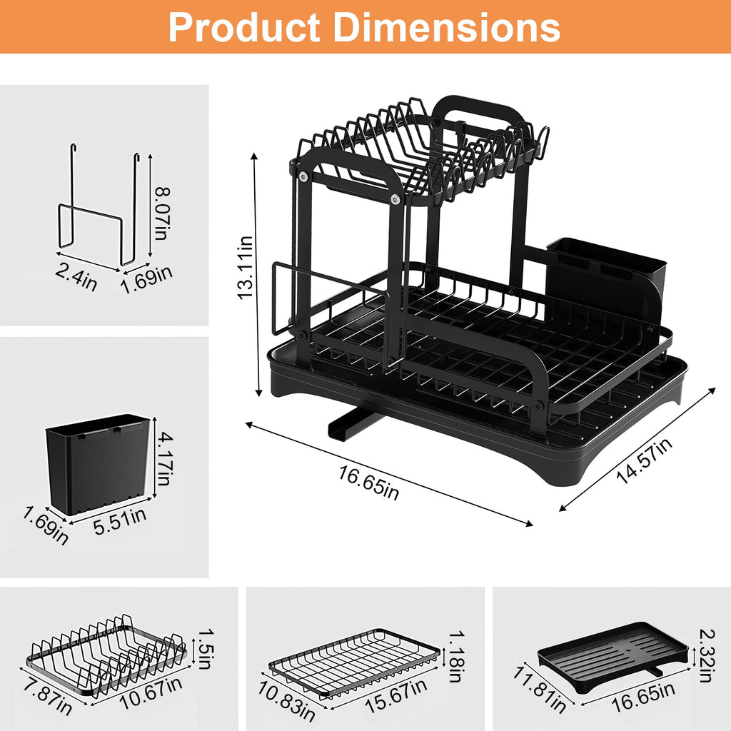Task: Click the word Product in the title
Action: (243, 27)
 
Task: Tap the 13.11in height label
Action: (246, 267)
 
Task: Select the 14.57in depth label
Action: (644, 462)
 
